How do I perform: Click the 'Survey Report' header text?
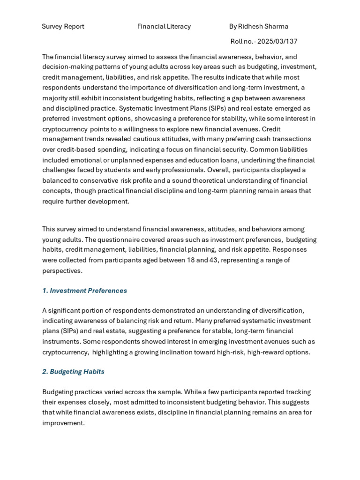pyautogui.click(x=63, y=26)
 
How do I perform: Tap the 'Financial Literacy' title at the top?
pyautogui.click(x=164, y=26)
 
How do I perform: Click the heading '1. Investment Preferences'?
pyautogui.click(x=84, y=291)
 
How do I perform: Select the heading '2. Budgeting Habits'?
pyautogui.click(x=73, y=372)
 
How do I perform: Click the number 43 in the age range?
pyautogui.click(x=213, y=260)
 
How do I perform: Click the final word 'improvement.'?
pyautogui.click(x=63, y=423)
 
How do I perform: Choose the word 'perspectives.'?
pyautogui.click(x=62, y=270)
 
